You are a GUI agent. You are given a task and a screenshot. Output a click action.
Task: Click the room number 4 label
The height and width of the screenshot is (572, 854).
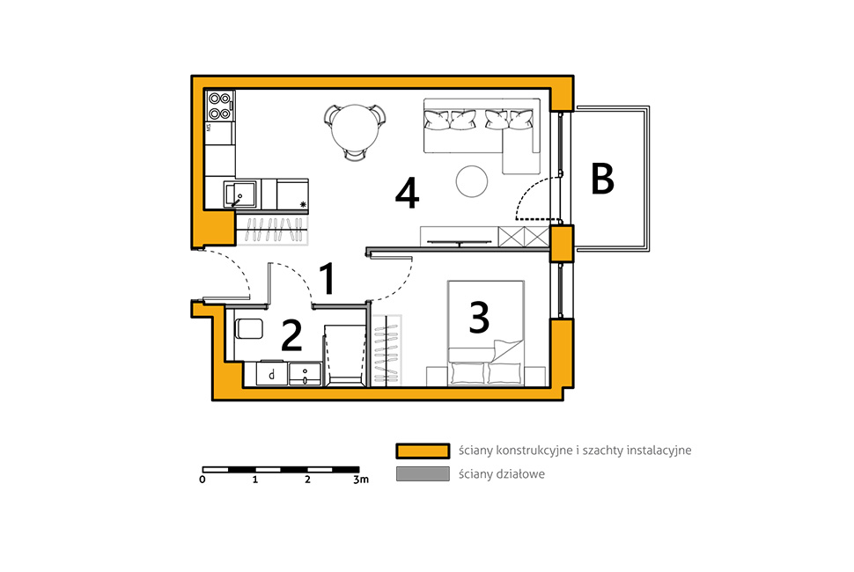pyautogui.click(x=407, y=194)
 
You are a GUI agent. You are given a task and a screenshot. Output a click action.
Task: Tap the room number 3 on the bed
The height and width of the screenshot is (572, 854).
pyautogui.click(x=479, y=318)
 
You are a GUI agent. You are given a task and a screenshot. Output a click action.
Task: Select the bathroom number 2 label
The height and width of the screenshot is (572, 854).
pyautogui.click(x=291, y=335)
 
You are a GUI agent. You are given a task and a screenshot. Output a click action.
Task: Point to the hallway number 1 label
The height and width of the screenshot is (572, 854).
pyautogui.click(x=327, y=278)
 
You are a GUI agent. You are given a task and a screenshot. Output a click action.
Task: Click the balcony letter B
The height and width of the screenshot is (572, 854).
pyautogui.click(x=603, y=179)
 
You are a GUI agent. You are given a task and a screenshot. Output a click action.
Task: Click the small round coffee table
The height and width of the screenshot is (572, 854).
pyautogui.click(x=472, y=181)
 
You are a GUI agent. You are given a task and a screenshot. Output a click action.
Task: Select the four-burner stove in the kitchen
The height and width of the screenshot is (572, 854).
pyautogui.click(x=220, y=106)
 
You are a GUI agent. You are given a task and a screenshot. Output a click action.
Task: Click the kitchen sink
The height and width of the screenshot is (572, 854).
pyautogui.click(x=239, y=194)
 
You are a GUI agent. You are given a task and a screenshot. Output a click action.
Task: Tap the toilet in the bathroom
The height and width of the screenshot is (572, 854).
pyautogui.click(x=249, y=329)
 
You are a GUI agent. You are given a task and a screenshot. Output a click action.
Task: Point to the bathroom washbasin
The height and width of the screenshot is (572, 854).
pyautogui.click(x=305, y=374)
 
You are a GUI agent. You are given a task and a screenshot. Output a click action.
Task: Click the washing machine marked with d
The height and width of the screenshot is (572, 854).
pyautogui.click(x=272, y=374)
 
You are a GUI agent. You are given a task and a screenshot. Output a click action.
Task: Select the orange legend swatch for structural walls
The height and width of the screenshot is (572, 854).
pyautogui.click(x=423, y=451)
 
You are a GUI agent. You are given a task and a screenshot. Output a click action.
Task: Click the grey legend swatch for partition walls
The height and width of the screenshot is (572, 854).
pyautogui.click(x=423, y=474)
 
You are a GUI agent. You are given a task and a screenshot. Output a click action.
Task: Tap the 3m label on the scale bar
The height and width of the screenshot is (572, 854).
pyautogui.click(x=361, y=480)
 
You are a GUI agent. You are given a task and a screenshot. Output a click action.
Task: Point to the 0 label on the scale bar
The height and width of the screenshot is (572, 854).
pyautogui.click(x=202, y=480)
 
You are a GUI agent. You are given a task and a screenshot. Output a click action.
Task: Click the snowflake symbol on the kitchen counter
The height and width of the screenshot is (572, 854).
pyautogui.click(x=303, y=205)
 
